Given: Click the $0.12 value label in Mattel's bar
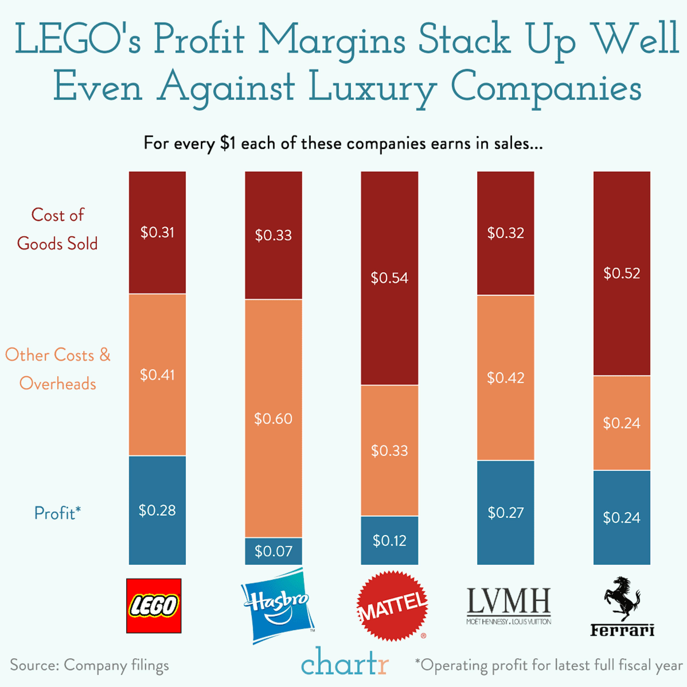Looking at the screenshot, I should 389,540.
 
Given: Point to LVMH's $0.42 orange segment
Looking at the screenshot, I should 505,378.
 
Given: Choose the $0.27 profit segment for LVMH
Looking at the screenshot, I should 505,512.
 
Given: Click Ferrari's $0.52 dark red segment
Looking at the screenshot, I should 622,273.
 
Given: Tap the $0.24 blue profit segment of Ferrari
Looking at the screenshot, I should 622,517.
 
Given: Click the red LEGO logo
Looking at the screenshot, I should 154,606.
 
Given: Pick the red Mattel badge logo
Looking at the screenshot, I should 392,606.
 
